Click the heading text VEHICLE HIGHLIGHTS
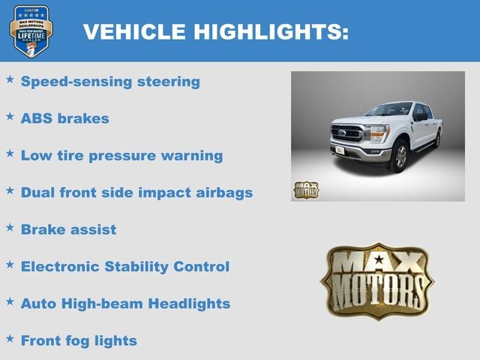215,31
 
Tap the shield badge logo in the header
31,31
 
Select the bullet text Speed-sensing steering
110,82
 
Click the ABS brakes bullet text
65,118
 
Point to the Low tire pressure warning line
121,156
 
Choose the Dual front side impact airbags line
136,193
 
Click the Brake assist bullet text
69,229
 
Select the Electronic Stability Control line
125,266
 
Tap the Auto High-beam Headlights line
125,304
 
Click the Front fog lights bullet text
79,340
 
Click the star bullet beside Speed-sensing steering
10,79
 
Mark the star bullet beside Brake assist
10,226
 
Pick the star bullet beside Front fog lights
10,337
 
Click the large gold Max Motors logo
376,280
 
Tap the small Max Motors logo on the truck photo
305,190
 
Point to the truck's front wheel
400,156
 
